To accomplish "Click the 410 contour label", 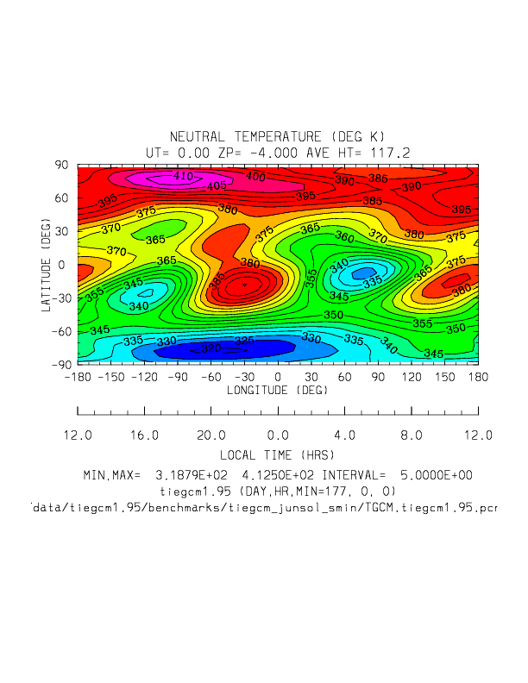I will click(x=183, y=176).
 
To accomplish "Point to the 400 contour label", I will click(x=255, y=177).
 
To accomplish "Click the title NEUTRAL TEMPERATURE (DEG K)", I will click(x=277, y=137).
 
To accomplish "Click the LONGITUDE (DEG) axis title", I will click(x=277, y=391).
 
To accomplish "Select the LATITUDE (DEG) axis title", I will click(x=48, y=265).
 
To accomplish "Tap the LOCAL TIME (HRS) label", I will click(x=277, y=454).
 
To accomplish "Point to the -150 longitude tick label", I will click(x=110, y=377).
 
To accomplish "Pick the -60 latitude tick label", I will click(x=61, y=332).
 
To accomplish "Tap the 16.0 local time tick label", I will click(x=144, y=435).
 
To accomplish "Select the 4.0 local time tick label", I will click(x=344, y=435).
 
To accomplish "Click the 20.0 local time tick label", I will click(x=211, y=435).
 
